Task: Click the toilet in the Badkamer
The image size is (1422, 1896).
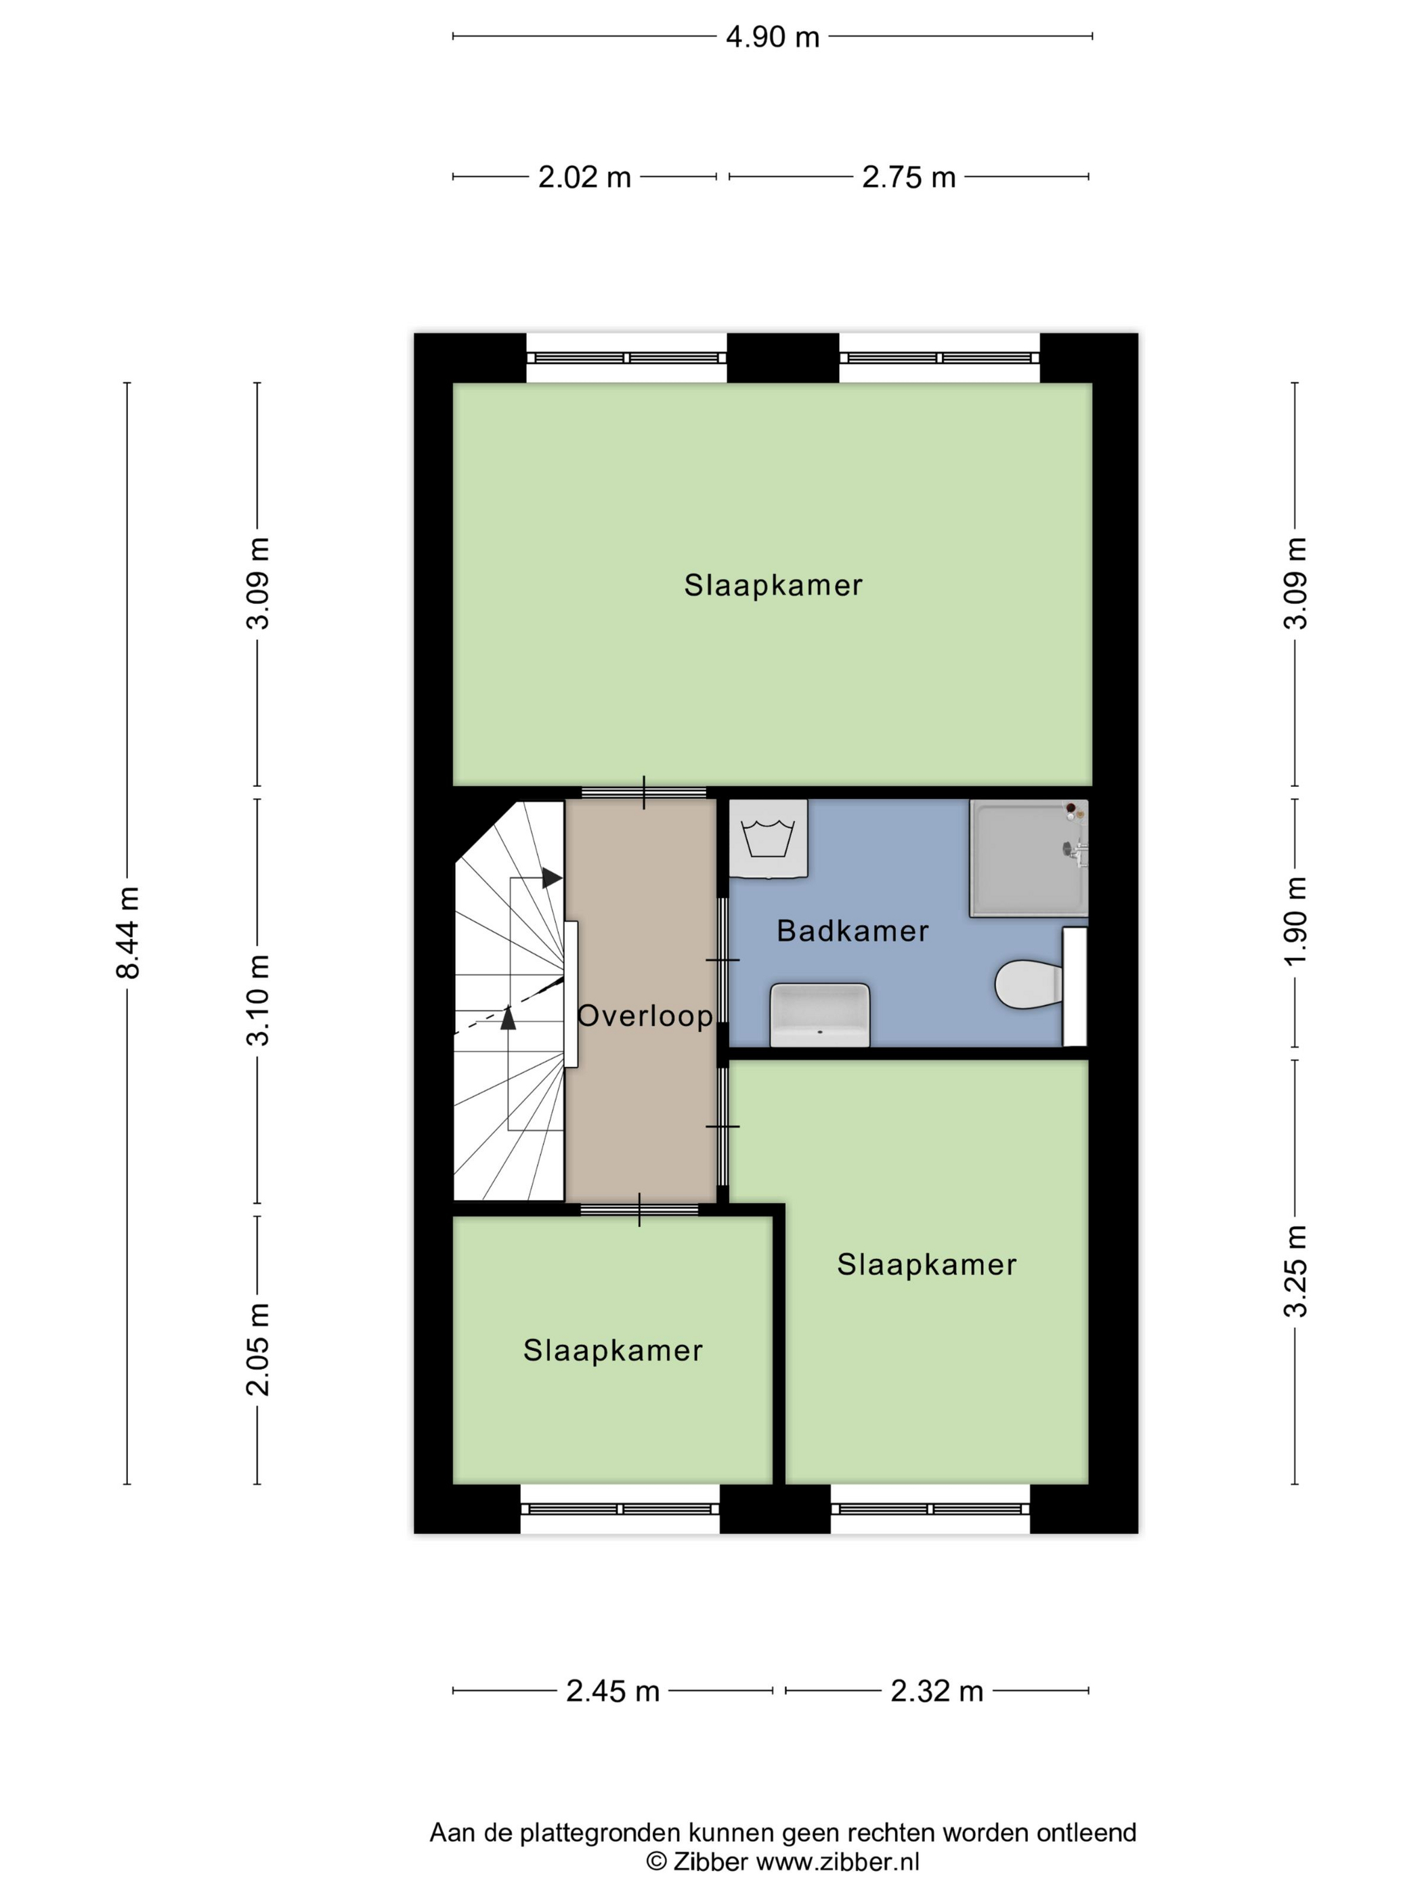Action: (x=1028, y=984)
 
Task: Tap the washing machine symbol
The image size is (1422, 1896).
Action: (x=767, y=838)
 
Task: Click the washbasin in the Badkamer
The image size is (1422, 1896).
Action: (x=820, y=1015)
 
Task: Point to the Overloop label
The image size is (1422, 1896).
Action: (x=645, y=1016)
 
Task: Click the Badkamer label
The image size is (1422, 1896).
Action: (x=852, y=931)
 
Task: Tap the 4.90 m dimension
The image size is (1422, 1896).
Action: (x=773, y=37)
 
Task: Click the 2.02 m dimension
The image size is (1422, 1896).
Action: (x=584, y=177)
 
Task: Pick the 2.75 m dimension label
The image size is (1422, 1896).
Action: (x=909, y=177)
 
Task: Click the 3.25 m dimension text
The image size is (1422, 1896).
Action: (x=1295, y=1271)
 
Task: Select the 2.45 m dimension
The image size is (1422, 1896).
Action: (x=613, y=1691)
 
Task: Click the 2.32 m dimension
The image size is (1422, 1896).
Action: (x=937, y=1691)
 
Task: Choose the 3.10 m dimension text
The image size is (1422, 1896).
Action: (x=258, y=999)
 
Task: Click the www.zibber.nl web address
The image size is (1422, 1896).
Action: (x=838, y=1861)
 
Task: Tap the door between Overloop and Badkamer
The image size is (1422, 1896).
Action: (x=723, y=960)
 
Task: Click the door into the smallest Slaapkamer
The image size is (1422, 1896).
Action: (x=639, y=1209)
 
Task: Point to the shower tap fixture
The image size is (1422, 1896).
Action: (x=1077, y=850)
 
